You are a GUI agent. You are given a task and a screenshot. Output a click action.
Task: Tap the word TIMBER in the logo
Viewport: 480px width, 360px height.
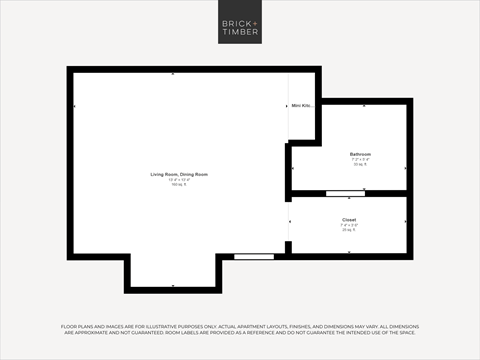[x=239, y=32]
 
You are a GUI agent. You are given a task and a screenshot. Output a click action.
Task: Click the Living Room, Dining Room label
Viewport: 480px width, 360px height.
[x=179, y=174]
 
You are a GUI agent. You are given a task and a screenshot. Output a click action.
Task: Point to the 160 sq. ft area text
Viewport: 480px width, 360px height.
[x=179, y=184]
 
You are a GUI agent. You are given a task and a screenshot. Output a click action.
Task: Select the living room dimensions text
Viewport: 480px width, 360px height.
[x=179, y=179]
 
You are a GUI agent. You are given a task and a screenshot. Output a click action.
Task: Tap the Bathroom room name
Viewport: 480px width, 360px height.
[x=360, y=154]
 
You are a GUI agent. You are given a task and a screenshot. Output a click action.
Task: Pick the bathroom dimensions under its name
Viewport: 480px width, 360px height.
[x=360, y=159]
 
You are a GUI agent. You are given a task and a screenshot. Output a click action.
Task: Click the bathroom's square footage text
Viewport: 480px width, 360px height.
[x=360, y=164]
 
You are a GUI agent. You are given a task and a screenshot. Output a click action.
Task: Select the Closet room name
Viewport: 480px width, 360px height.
[x=349, y=219]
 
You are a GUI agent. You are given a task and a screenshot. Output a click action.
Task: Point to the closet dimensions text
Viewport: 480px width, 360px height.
[x=349, y=224]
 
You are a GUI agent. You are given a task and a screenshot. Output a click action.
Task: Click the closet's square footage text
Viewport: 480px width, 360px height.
[x=349, y=229]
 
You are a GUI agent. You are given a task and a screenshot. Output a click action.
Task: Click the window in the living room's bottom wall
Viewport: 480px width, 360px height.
[x=253, y=256]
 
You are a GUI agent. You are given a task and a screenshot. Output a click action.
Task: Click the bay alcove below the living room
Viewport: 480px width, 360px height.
[x=173, y=271]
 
